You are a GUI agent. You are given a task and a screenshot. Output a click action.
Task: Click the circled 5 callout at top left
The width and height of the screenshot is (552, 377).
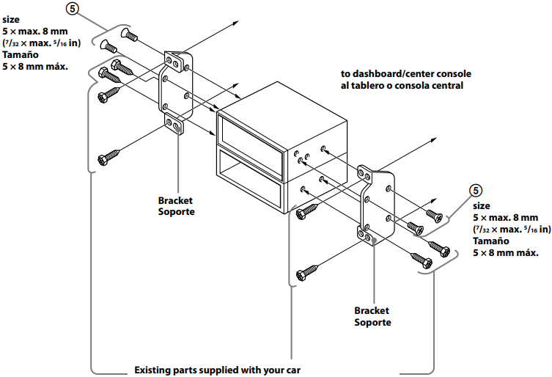pos(70,10)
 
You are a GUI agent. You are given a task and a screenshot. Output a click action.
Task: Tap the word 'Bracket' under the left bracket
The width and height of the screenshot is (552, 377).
pos(177,200)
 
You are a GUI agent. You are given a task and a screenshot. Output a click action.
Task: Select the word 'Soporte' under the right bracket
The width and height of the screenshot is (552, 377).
pos(372,322)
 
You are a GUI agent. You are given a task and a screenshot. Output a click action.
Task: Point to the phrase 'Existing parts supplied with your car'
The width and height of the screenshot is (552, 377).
pos(218,369)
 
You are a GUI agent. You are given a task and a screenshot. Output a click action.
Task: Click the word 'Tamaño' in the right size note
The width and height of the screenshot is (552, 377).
pos(490,241)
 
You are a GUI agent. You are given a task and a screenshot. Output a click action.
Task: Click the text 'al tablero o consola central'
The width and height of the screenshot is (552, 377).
pos(402,86)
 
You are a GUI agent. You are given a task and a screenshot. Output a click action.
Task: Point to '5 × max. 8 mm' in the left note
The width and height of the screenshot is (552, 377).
pos(34,32)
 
